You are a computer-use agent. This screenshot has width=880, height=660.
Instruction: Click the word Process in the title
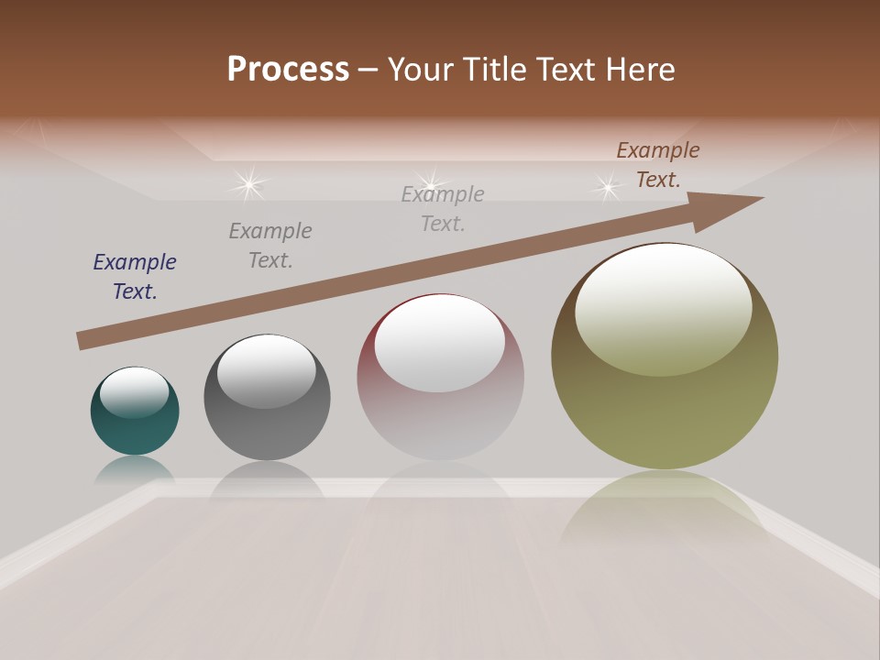click(288, 70)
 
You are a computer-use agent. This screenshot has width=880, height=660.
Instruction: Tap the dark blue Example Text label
click(135, 276)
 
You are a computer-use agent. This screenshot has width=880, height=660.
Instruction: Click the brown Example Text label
click(658, 165)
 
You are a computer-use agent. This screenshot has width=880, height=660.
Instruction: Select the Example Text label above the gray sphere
click(270, 245)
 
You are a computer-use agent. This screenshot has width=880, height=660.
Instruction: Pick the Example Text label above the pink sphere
click(443, 208)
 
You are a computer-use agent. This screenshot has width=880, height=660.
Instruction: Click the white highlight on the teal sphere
click(135, 391)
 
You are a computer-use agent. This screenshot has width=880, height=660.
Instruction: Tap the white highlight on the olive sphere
click(663, 307)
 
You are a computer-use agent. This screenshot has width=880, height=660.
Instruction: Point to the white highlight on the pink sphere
click(440, 342)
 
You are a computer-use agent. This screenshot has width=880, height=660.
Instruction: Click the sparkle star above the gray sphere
click(248, 184)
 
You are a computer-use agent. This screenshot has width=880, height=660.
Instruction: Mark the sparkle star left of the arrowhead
click(607, 187)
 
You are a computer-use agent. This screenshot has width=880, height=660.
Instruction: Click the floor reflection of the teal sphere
click(135, 470)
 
